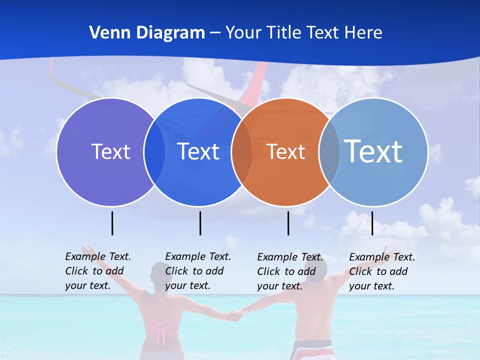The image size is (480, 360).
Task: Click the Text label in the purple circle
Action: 110,151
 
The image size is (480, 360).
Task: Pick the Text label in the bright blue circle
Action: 198,151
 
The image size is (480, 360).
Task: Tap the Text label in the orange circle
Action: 286,151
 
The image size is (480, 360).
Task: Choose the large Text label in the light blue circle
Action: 373,151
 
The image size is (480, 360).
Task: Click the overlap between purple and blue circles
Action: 154,151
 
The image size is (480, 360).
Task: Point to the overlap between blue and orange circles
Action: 242,151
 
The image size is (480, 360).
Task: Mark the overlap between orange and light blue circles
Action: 329,151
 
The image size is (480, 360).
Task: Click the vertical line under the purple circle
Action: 112,223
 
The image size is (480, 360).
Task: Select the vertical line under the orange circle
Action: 288,223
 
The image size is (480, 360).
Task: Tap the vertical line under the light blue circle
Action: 372,223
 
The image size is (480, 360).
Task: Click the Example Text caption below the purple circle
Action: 98,271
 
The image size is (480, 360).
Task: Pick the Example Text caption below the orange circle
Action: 290,271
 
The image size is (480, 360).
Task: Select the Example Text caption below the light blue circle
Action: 382,271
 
